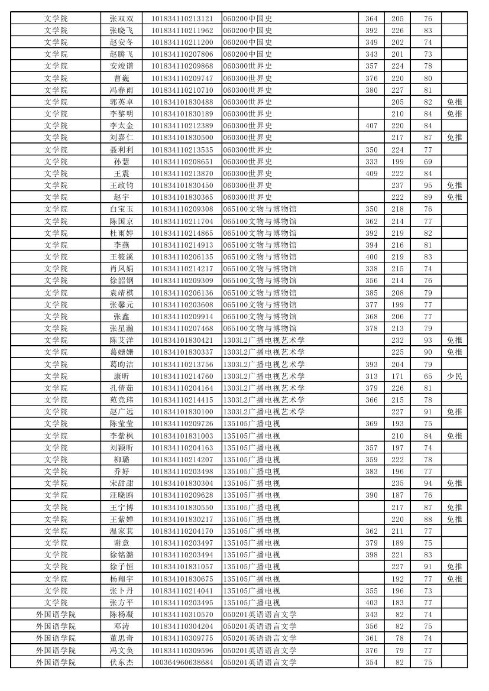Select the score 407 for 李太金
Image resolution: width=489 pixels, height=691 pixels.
pyautogui.click(x=371, y=125)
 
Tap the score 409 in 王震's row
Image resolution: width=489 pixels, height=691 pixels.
pyautogui.click(x=371, y=173)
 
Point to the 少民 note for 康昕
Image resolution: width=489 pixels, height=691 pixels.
pyautogui.click(x=454, y=376)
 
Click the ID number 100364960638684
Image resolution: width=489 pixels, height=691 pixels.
pyautogui.click(x=182, y=662)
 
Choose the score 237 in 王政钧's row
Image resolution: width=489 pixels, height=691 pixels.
pyautogui.click(x=397, y=185)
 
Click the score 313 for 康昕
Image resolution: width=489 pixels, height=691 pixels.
pyautogui.click(x=371, y=376)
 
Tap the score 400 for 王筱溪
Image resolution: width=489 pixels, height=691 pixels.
pyautogui.click(x=371, y=257)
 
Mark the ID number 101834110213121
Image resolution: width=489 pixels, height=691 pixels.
pyautogui.click(x=182, y=18)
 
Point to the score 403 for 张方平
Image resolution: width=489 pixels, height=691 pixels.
pyautogui.click(x=371, y=602)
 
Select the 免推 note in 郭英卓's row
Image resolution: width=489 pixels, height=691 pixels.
pyautogui.click(x=454, y=102)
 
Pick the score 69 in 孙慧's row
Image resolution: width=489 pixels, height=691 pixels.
pyautogui.click(x=428, y=161)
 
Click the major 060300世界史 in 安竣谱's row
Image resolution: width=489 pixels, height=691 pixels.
pyautogui.click(x=248, y=66)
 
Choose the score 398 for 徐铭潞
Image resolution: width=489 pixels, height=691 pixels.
pyautogui.click(x=371, y=554)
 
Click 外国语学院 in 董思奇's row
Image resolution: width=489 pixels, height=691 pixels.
pyautogui.click(x=56, y=638)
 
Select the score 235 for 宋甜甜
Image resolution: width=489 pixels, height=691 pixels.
pyautogui.click(x=397, y=483)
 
